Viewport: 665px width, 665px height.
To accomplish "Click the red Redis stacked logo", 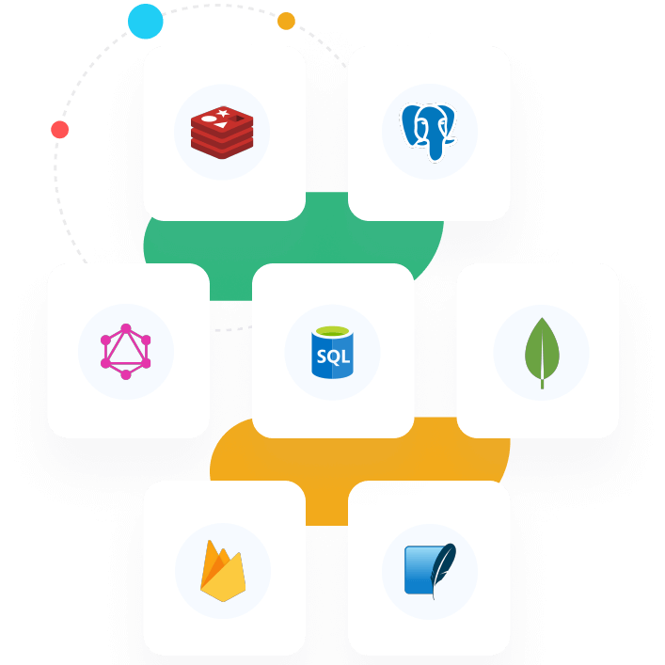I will tap(223, 133).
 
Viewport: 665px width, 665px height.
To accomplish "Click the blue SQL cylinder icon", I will tap(332, 352).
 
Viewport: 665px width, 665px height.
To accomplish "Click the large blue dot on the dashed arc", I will tap(146, 22).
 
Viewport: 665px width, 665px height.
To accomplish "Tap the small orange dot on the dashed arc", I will tap(286, 21).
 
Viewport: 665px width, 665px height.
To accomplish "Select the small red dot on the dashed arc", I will tap(60, 130).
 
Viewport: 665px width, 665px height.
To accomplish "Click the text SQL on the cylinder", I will tap(332, 357).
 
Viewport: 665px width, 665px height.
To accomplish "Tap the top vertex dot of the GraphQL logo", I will tap(126, 328).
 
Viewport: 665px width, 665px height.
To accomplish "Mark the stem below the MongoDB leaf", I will tap(542, 382).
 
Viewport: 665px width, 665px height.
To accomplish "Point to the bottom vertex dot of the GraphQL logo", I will tap(126, 375).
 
